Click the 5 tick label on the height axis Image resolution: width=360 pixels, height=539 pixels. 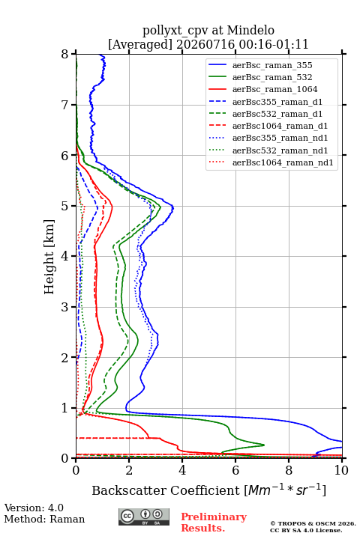(x=64, y=207)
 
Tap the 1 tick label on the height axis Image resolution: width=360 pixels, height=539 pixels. (x=64, y=408)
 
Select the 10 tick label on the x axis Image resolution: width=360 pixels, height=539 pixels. (x=341, y=470)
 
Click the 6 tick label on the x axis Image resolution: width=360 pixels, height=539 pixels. (x=235, y=470)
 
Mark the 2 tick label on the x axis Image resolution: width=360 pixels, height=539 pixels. (x=129, y=470)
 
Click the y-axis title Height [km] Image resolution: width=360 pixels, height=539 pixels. (x=49, y=257)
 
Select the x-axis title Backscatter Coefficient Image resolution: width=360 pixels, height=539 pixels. (x=165, y=490)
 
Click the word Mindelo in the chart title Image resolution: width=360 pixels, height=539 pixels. (x=250, y=30)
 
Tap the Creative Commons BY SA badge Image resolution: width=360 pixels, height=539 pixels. (x=144, y=517)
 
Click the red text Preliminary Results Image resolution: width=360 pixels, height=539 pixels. (x=214, y=523)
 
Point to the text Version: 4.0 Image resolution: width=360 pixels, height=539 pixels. (x=34, y=508)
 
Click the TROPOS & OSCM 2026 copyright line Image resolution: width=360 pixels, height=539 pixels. (x=313, y=523)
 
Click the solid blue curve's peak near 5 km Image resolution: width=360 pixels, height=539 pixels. (x=173, y=207)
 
